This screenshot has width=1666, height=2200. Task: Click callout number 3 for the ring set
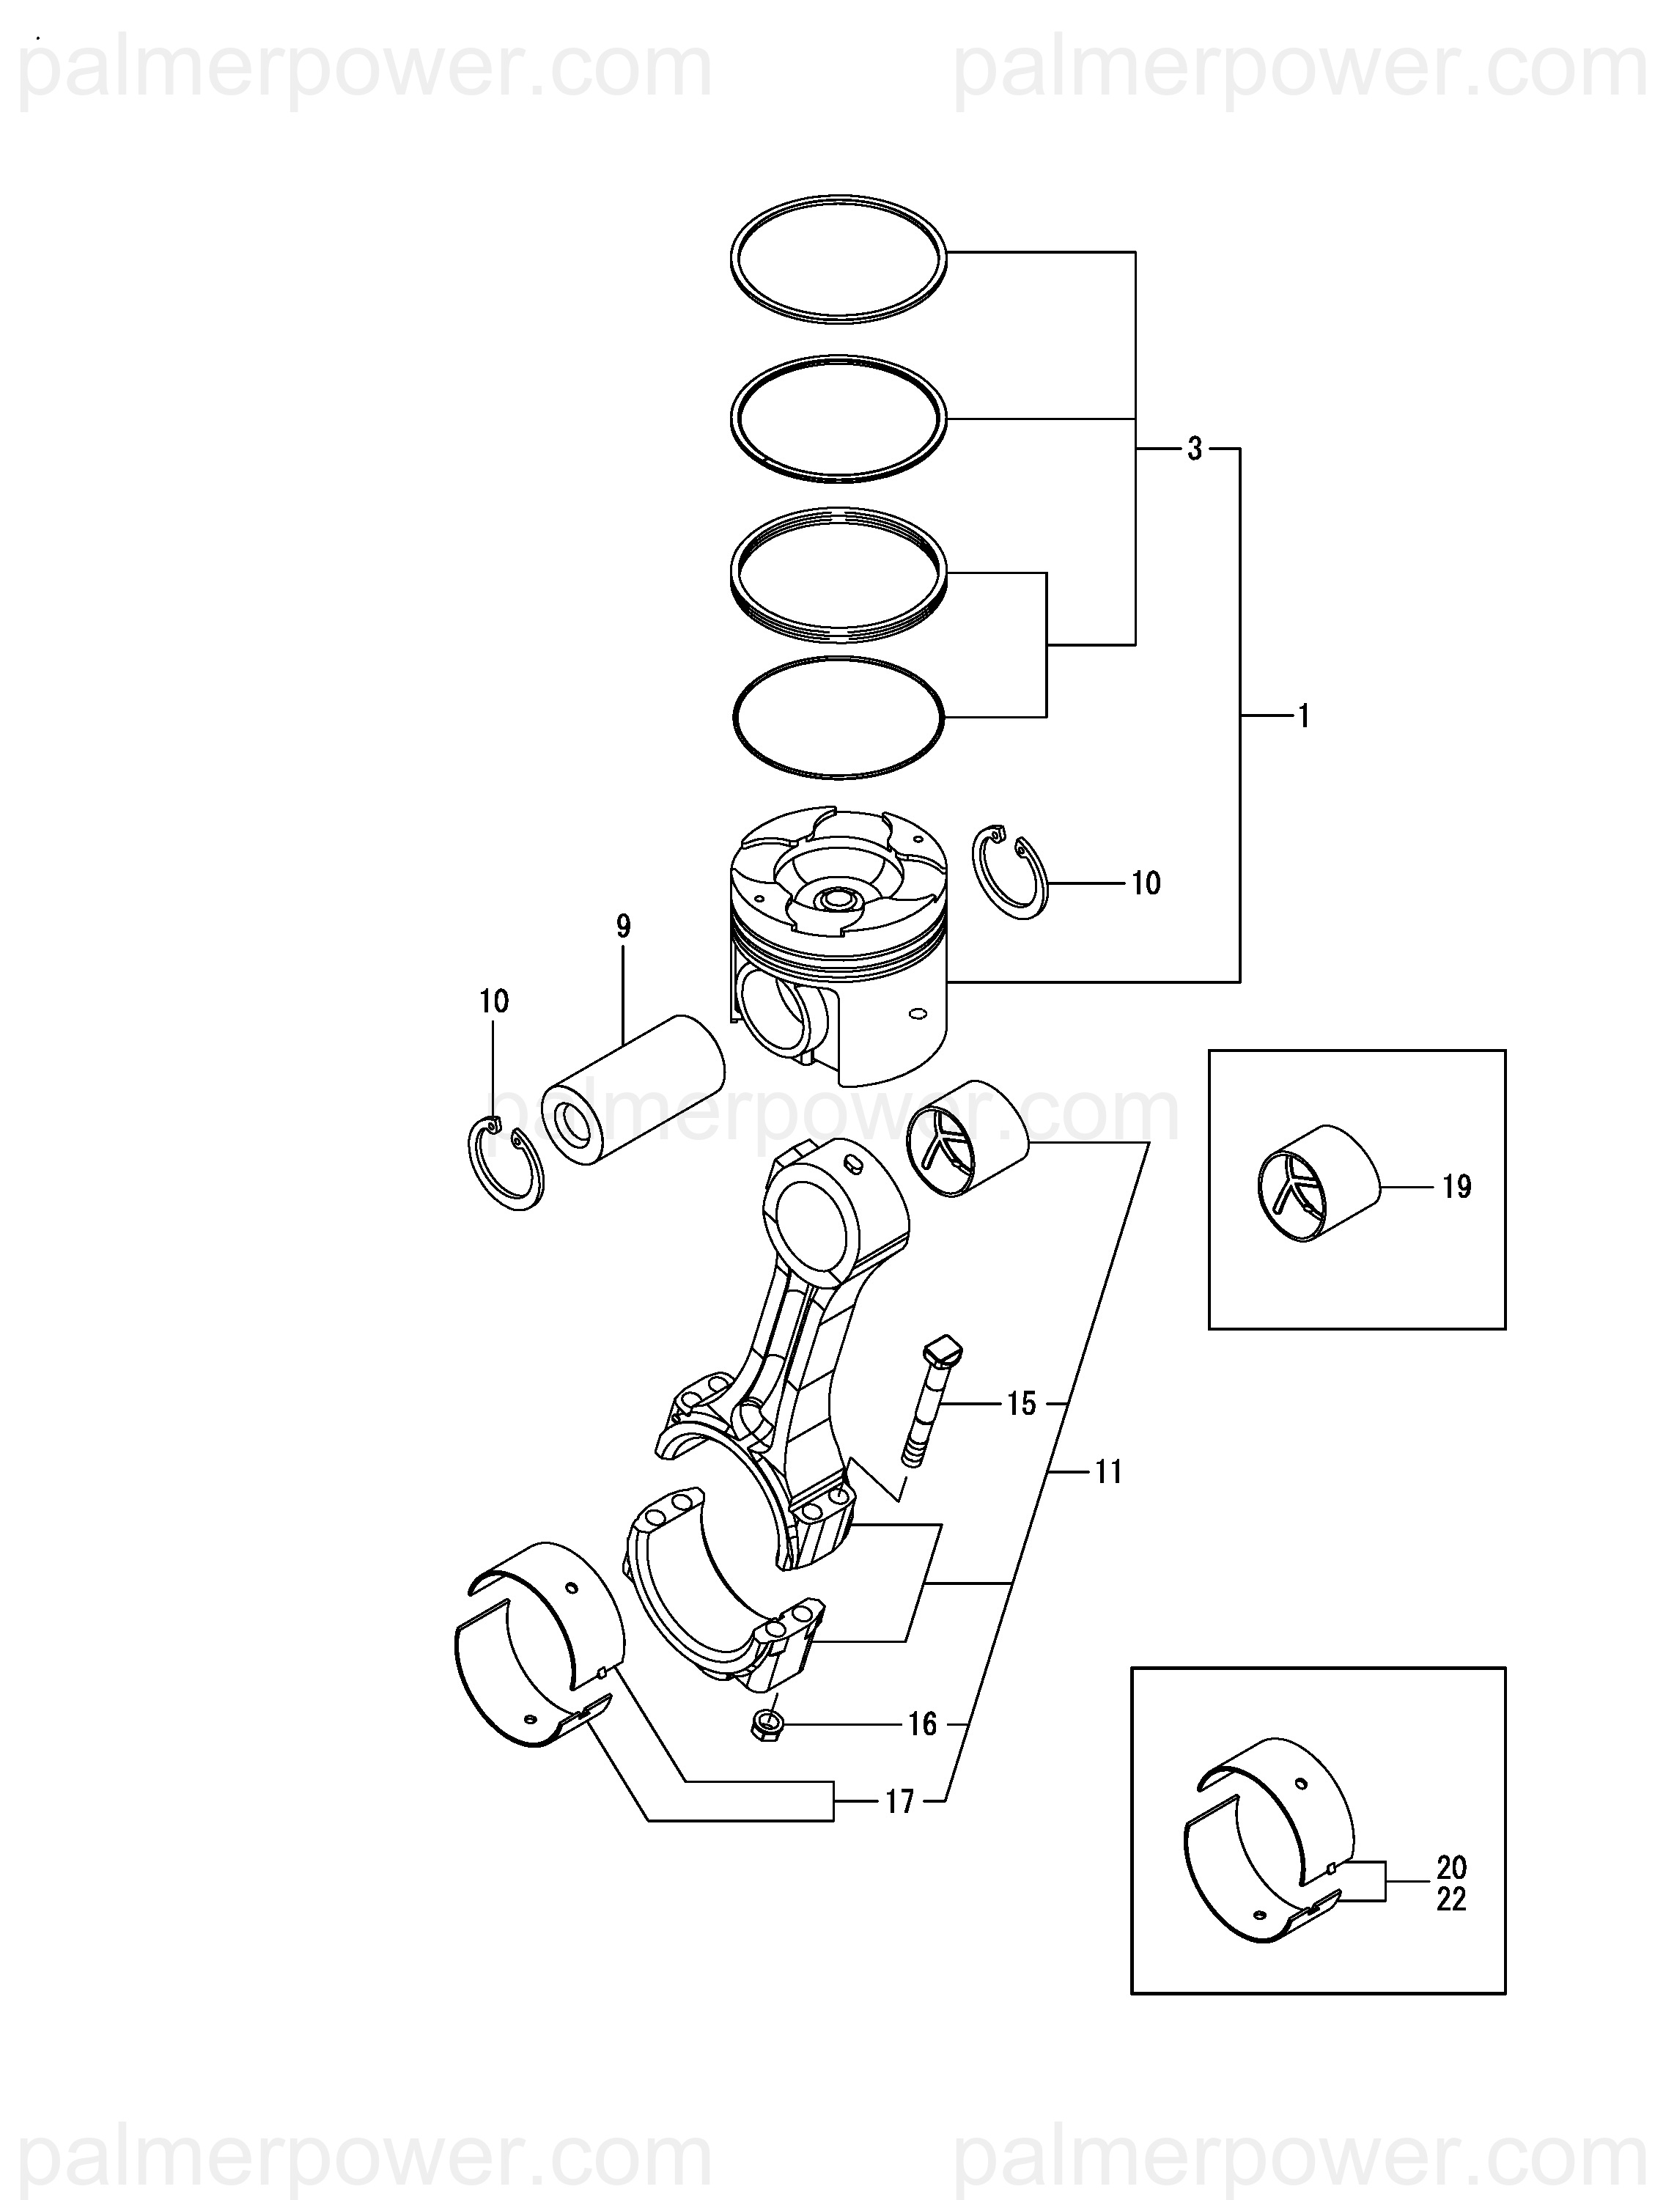coord(1195,449)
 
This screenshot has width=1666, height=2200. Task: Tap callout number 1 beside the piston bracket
coord(1304,716)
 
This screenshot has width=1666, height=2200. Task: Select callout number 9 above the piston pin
coord(624,927)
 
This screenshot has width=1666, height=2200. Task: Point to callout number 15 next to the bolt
coord(1022,1405)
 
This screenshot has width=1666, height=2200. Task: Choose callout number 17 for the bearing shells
coord(899,1802)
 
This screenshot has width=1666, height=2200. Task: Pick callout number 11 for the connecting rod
coord(1108,1472)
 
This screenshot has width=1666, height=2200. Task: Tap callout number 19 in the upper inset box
coord(1456,1187)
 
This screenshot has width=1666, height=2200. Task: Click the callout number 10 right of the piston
coord(1146,883)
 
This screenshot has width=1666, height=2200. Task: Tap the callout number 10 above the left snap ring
coord(494,1001)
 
